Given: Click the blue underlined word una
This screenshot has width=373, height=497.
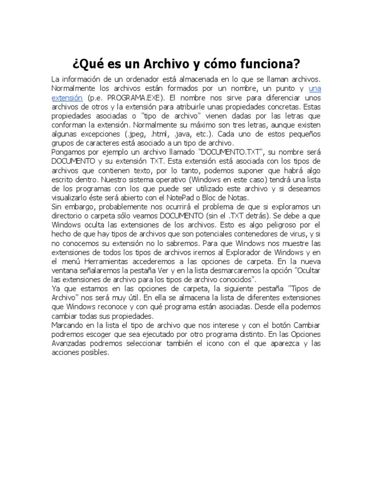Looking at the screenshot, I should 315,88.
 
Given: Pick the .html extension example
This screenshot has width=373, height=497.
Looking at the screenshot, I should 162,134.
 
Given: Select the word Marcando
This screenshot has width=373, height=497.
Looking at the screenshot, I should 69,325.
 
